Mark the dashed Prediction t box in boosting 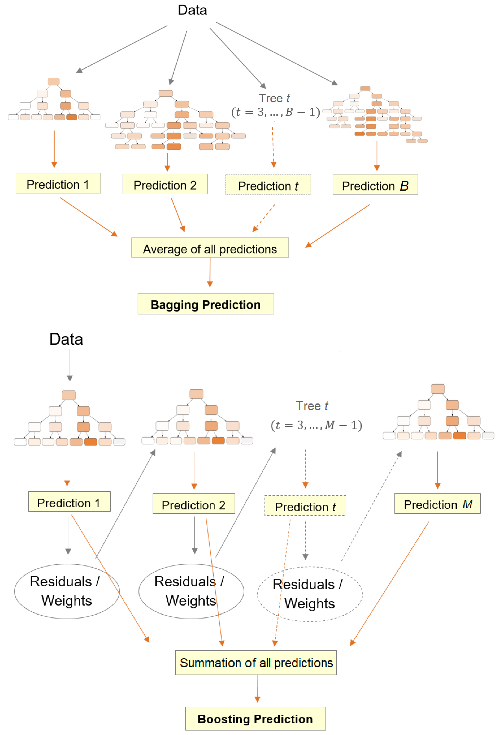point(305,505)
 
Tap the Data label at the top point(192,10)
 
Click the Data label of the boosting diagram point(66,339)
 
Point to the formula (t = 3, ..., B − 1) point(275,112)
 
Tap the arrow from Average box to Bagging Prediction point(210,272)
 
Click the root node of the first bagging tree point(53,82)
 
